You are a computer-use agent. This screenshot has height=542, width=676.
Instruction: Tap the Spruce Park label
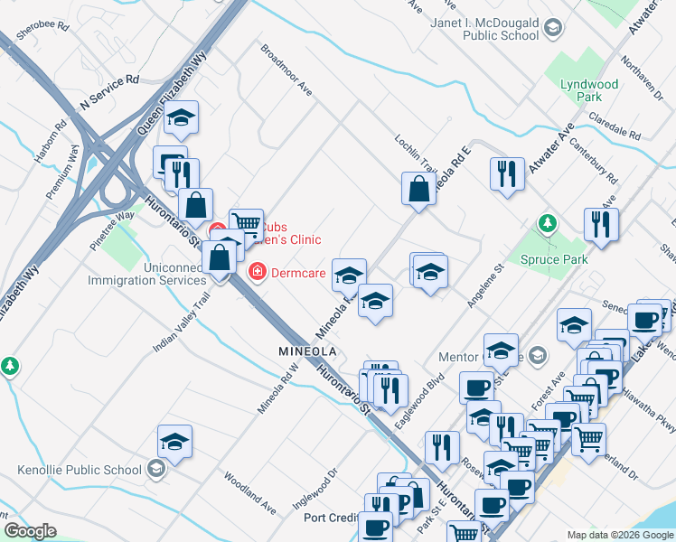point(554,259)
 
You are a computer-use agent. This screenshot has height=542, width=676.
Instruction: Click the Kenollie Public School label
point(80,470)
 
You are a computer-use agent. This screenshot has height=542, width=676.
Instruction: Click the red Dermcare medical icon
point(257,271)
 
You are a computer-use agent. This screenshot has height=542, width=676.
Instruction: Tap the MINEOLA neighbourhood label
point(307,350)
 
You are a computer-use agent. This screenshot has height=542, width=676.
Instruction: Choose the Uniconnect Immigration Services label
point(146,274)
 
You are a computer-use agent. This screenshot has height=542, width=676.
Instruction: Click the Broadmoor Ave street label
point(286,70)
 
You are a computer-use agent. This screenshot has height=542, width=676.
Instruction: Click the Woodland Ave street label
point(250,491)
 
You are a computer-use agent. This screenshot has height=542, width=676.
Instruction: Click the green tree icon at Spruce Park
point(546,222)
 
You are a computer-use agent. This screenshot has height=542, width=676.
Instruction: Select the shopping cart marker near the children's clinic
point(246,223)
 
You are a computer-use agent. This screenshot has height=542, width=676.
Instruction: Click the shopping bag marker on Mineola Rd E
point(419,190)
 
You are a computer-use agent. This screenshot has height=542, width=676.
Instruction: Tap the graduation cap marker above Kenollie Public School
point(174,442)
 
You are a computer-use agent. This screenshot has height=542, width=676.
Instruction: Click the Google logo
point(30,531)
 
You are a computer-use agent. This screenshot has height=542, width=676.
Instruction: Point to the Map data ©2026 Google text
point(619,535)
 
